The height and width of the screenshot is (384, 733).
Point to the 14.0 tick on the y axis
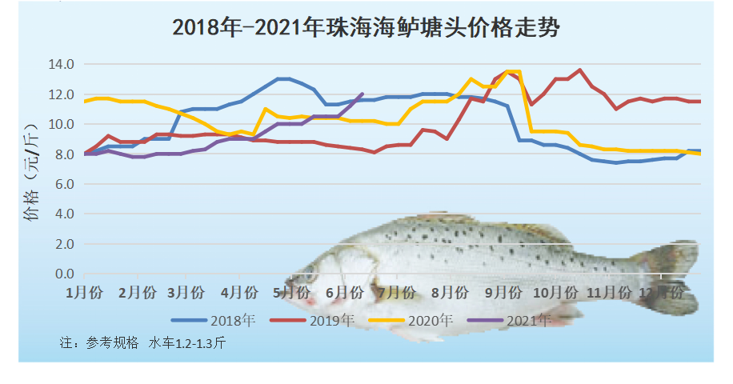point(62,64)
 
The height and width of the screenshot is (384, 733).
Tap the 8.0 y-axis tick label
point(63,154)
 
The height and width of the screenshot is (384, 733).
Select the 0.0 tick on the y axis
point(63,274)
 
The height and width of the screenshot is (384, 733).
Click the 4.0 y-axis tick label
point(63,214)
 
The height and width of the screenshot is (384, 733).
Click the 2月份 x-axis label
point(137,292)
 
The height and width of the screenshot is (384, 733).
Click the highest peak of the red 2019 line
point(580,70)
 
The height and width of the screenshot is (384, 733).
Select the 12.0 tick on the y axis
point(62,94)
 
